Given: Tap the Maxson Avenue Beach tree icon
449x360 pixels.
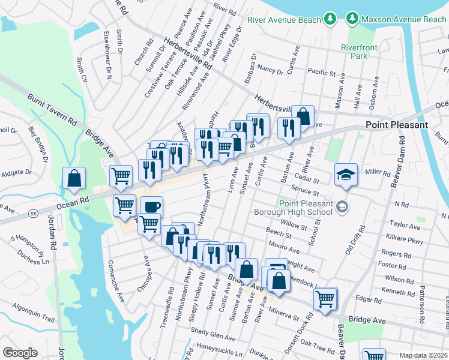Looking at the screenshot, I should click(x=352, y=20).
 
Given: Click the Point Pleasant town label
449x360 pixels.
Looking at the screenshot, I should click(x=397, y=125).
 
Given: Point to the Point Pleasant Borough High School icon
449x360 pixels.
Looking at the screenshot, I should click(x=342, y=206).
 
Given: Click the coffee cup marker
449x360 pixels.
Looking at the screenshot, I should click(x=151, y=207).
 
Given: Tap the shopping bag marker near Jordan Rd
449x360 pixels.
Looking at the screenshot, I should click(x=74, y=178).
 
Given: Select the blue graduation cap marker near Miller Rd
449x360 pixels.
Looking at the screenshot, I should click(x=346, y=175).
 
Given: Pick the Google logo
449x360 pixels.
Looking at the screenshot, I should click(x=20, y=352).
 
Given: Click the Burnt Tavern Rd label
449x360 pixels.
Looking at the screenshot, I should click(x=53, y=109).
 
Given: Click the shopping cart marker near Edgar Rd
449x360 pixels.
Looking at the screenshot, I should click(x=325, y=298).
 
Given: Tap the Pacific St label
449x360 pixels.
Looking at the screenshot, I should click(x=321, y=73).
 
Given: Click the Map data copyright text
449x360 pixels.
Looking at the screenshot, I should click(x=424, y=356).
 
